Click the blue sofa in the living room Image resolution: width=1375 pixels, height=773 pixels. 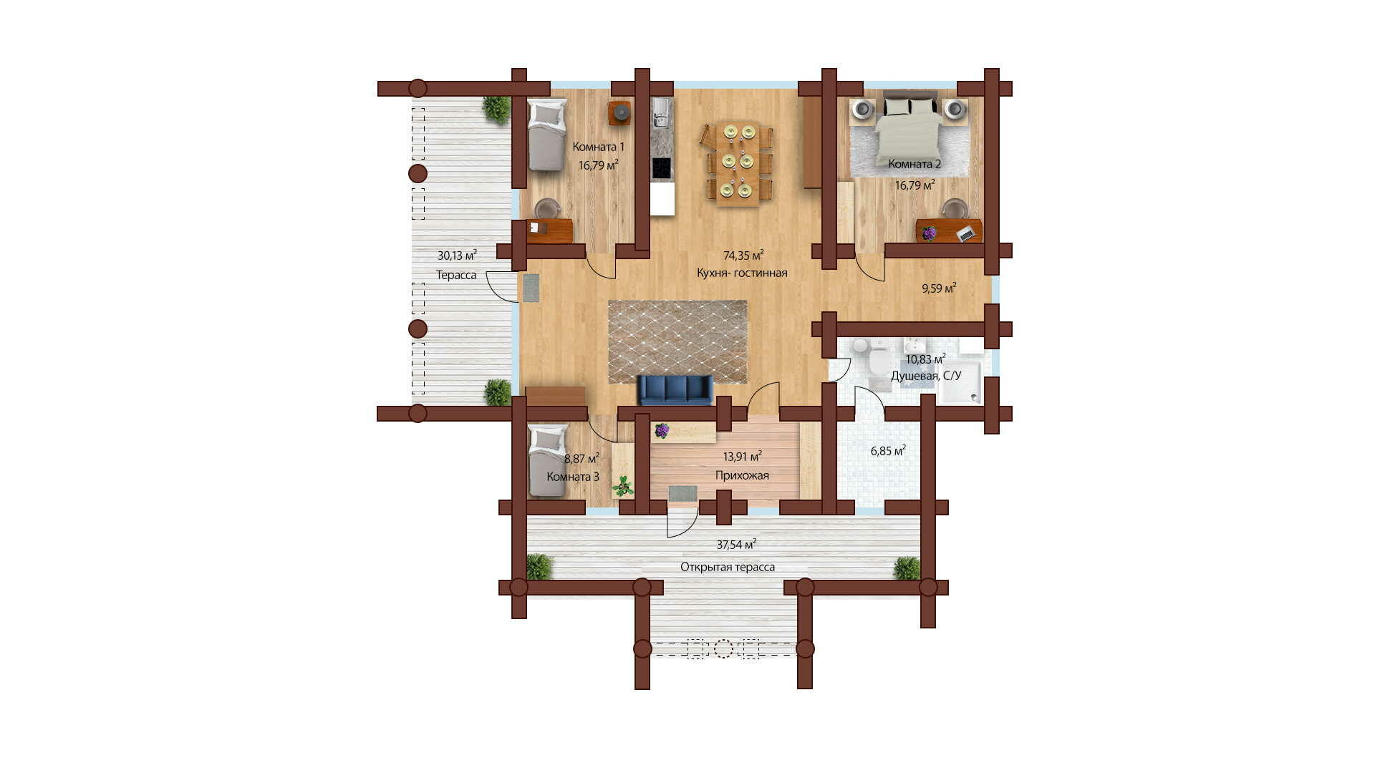coord(675,390)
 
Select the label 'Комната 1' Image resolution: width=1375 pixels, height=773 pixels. coord(599,147)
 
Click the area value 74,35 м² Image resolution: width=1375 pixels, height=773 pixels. coord(743,255)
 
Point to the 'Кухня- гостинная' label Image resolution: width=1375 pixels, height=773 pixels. coord(742,273)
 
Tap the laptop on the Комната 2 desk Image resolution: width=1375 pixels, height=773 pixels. coord(967,233)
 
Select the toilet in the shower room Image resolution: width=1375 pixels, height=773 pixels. coord(878,364)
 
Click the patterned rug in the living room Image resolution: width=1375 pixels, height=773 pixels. coord(677,341)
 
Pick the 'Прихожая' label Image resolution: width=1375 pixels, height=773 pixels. coord(742,475)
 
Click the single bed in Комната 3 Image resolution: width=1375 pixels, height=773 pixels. coord(548,460)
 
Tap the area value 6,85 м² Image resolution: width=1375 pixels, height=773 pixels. coord(888,450)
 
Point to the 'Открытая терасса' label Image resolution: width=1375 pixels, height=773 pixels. coord(728,567)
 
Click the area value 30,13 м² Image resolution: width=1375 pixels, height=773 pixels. coord(457,255)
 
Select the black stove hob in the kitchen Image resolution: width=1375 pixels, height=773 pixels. coord(662,169)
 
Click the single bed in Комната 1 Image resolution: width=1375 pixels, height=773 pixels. coord(548,135)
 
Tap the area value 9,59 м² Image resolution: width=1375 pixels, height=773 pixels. coord(939,288)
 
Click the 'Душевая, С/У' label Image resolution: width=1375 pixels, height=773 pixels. coord(926,376)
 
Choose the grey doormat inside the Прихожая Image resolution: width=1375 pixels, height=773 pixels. coord(682,494)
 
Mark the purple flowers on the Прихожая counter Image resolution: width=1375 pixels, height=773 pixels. coord(662,430)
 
